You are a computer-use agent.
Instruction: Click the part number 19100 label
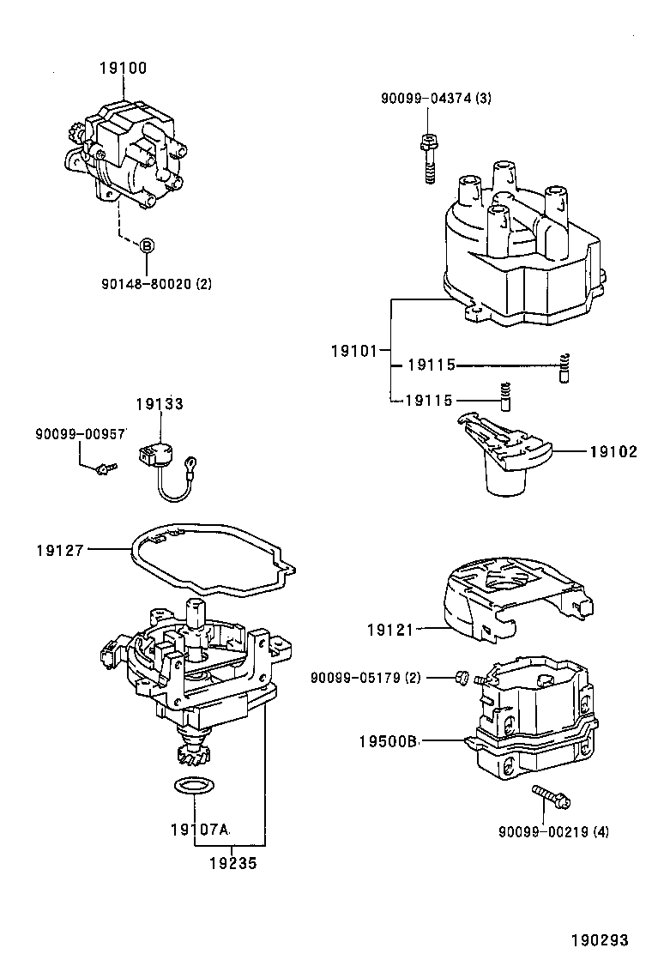coord(123,69)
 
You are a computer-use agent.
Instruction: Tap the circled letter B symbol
coord(147,245)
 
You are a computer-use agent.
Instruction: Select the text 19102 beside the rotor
coord(613,451)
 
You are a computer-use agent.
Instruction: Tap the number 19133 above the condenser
coord(160,404)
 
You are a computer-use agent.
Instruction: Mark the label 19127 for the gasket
coord(61,550)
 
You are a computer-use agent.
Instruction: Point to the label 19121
coord(390,630)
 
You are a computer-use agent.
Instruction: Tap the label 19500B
coord(387,740)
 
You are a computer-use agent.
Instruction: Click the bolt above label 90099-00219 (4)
coord(550,796)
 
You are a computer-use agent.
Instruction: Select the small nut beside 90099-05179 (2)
coord(461,679)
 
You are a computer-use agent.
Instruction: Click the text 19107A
coord(200,830)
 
